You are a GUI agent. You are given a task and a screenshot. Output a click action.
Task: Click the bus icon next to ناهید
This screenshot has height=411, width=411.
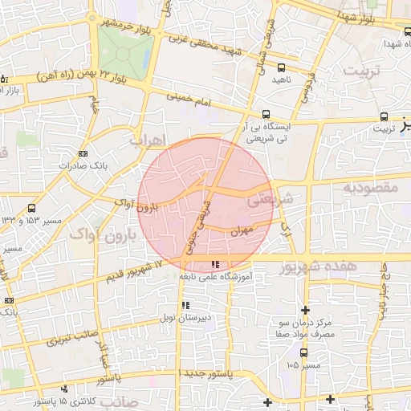pos(281,67)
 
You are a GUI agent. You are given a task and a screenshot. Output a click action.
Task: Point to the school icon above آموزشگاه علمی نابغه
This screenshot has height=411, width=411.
pos(214,264)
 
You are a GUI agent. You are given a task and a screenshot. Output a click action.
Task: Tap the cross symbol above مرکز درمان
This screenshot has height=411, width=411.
pos(304,310)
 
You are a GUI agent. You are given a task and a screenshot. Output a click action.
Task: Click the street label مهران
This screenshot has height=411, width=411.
pos(241,230)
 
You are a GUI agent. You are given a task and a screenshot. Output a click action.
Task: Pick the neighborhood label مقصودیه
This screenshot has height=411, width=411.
pos(372,187)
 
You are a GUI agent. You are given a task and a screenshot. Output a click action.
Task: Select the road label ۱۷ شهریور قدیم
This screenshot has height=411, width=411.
pos(133,272)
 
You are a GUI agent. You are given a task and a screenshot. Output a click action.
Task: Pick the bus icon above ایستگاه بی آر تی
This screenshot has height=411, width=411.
pos(267,114)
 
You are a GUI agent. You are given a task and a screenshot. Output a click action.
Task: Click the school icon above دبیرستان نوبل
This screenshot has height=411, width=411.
pos(185,305)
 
